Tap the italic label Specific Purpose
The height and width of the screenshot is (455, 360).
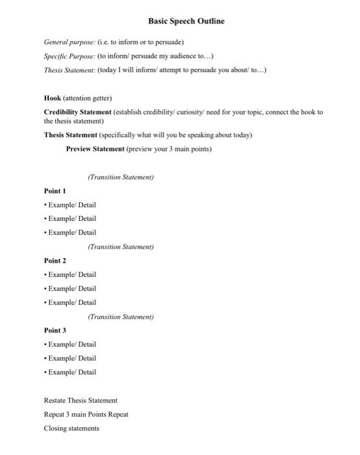pyautogui.click(x=68, y=57)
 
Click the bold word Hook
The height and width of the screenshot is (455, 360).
pyautogui.click(x=52, y=98)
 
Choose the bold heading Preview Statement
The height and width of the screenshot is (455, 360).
pyautogui.click(x=95, y=149)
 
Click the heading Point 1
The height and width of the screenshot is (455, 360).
pyautogui.click(x=55, y=191)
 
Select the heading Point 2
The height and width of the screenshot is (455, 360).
pyautogui.click(x=55, y=261)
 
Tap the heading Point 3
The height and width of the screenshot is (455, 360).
pyautogui.click(x=55, y=330)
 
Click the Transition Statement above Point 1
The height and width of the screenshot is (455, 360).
pyautogui.click(x=120, y=177)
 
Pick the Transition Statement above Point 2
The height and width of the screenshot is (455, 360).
pyautogui.click(x=120, y=247)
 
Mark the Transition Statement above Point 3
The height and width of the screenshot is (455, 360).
pyautogui.click(x=120, y=317)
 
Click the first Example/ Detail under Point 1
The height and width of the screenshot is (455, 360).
pyautogui.click(x=71, y=205)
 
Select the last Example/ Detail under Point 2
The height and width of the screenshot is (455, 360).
pyautogui.click(x=71, y=302)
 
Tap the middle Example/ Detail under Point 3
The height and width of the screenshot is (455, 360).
pyautogui.click(x=71, y=358)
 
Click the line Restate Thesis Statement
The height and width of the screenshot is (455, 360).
pyautogui.click(x=81, y=400)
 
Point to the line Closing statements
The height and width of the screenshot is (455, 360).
pyautogui.click(x=71, y=428)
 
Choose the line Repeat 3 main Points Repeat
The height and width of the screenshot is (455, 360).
pyautogui.click(x=86, y=414)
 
